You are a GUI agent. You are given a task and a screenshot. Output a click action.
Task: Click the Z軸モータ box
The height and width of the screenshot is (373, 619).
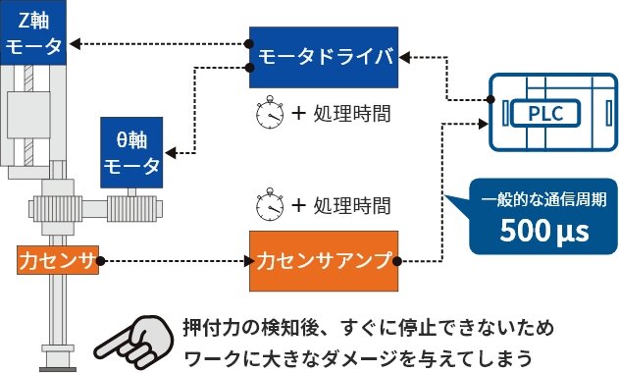pos(32,33)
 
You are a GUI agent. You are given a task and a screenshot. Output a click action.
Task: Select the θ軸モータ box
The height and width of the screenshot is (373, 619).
pos(131,153)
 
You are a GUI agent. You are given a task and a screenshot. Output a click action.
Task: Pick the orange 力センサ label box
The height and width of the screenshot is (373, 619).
pos(58,261)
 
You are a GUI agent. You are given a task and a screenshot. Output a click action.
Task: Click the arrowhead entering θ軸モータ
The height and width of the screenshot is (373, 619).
pos(171,152)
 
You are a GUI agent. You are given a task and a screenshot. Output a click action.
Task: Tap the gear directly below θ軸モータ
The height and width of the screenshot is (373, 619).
pos(131,207)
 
